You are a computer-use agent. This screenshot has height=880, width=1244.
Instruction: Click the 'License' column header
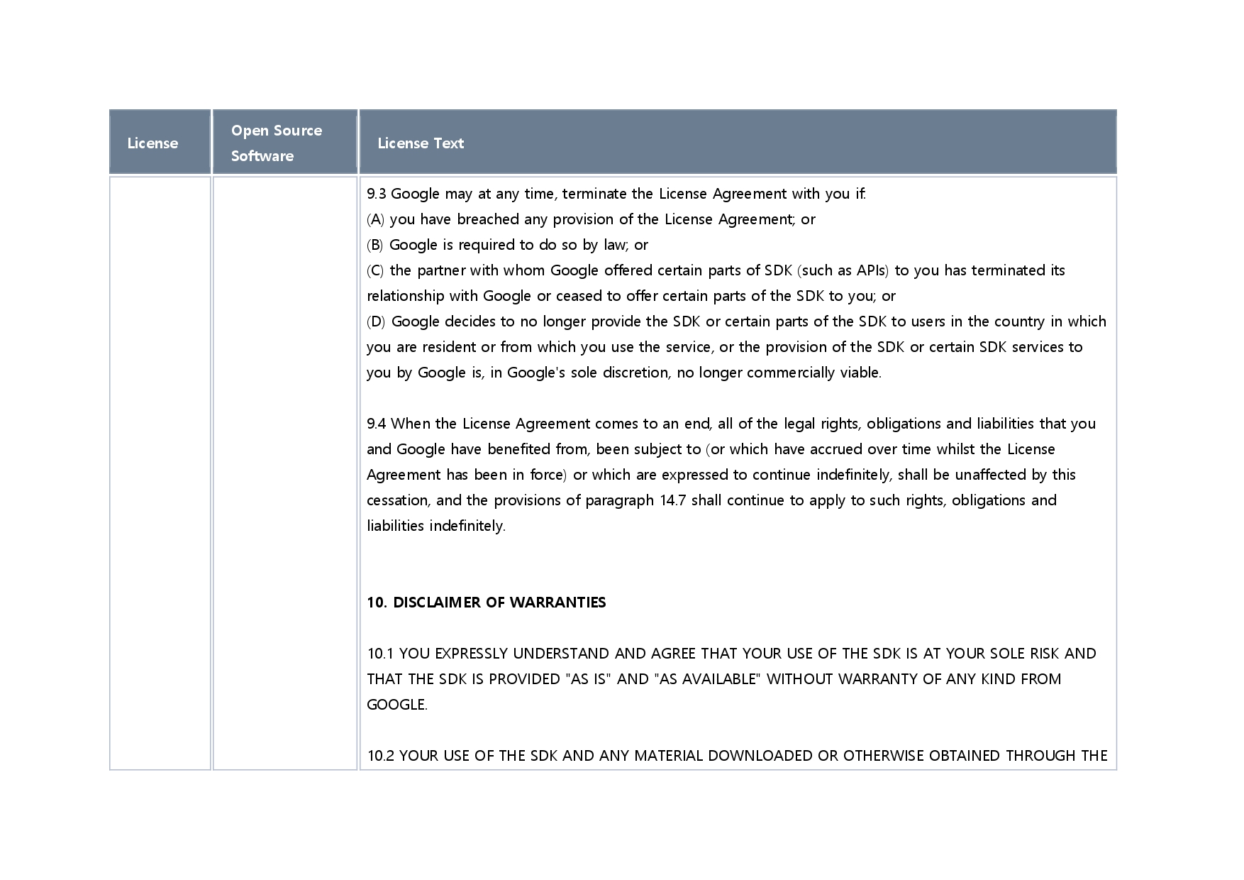152,143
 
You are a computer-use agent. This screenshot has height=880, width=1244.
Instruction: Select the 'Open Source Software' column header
277,143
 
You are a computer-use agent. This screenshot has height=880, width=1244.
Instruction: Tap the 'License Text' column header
421,143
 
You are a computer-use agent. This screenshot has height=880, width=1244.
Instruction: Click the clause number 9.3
376,194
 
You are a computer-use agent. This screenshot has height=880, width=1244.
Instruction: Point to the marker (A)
375,219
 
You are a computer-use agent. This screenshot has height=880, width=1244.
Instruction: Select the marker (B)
374,245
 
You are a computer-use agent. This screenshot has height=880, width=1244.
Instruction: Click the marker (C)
375,270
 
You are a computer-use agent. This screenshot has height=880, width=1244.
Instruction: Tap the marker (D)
376,321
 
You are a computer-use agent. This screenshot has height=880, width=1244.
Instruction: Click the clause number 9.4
376,424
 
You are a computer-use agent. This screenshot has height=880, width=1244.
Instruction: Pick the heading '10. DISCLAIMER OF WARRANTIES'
487,603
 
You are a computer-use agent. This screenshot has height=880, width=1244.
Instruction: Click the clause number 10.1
380,654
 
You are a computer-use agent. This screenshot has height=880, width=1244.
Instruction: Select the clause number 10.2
380,756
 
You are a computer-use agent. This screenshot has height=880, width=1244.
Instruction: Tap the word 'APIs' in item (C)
872,270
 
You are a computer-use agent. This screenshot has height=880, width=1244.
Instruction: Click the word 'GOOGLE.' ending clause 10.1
397,705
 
